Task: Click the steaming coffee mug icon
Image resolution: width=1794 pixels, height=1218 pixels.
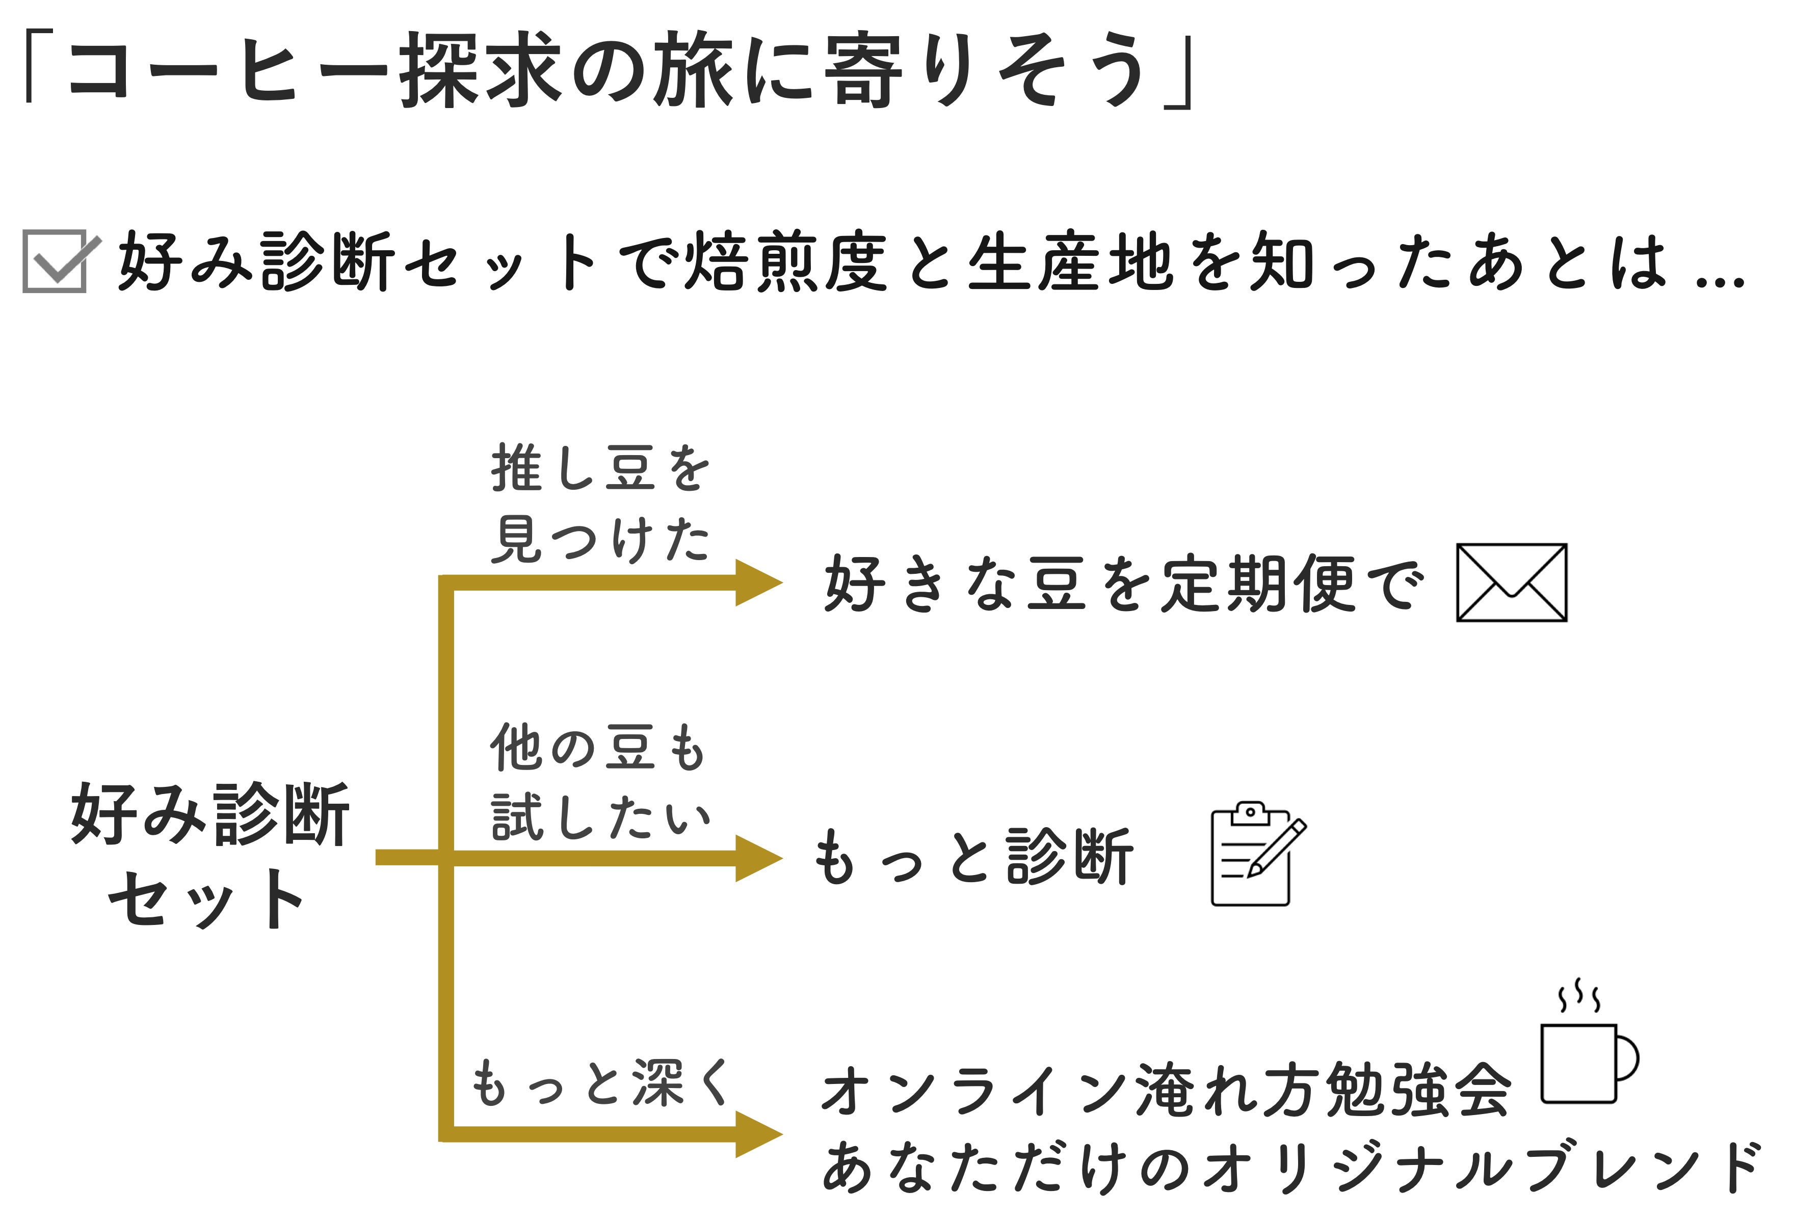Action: coord(1587,1053)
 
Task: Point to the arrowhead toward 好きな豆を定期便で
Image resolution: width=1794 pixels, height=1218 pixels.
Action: coord(757,582)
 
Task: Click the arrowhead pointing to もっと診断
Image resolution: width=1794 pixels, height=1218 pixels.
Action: coord(757,858)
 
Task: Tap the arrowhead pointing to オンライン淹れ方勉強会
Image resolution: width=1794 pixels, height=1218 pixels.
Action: coord(757,1134)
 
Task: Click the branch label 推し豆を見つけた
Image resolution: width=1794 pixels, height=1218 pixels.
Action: coord(600,504)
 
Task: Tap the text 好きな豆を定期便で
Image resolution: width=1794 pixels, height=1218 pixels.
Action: coord(1123,585)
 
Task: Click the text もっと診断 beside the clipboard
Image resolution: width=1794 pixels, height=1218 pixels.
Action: coord(974,857)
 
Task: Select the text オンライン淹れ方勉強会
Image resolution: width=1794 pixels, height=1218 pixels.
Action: coord(1166,1090)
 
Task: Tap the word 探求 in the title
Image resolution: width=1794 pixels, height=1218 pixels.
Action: coord(480,71)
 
